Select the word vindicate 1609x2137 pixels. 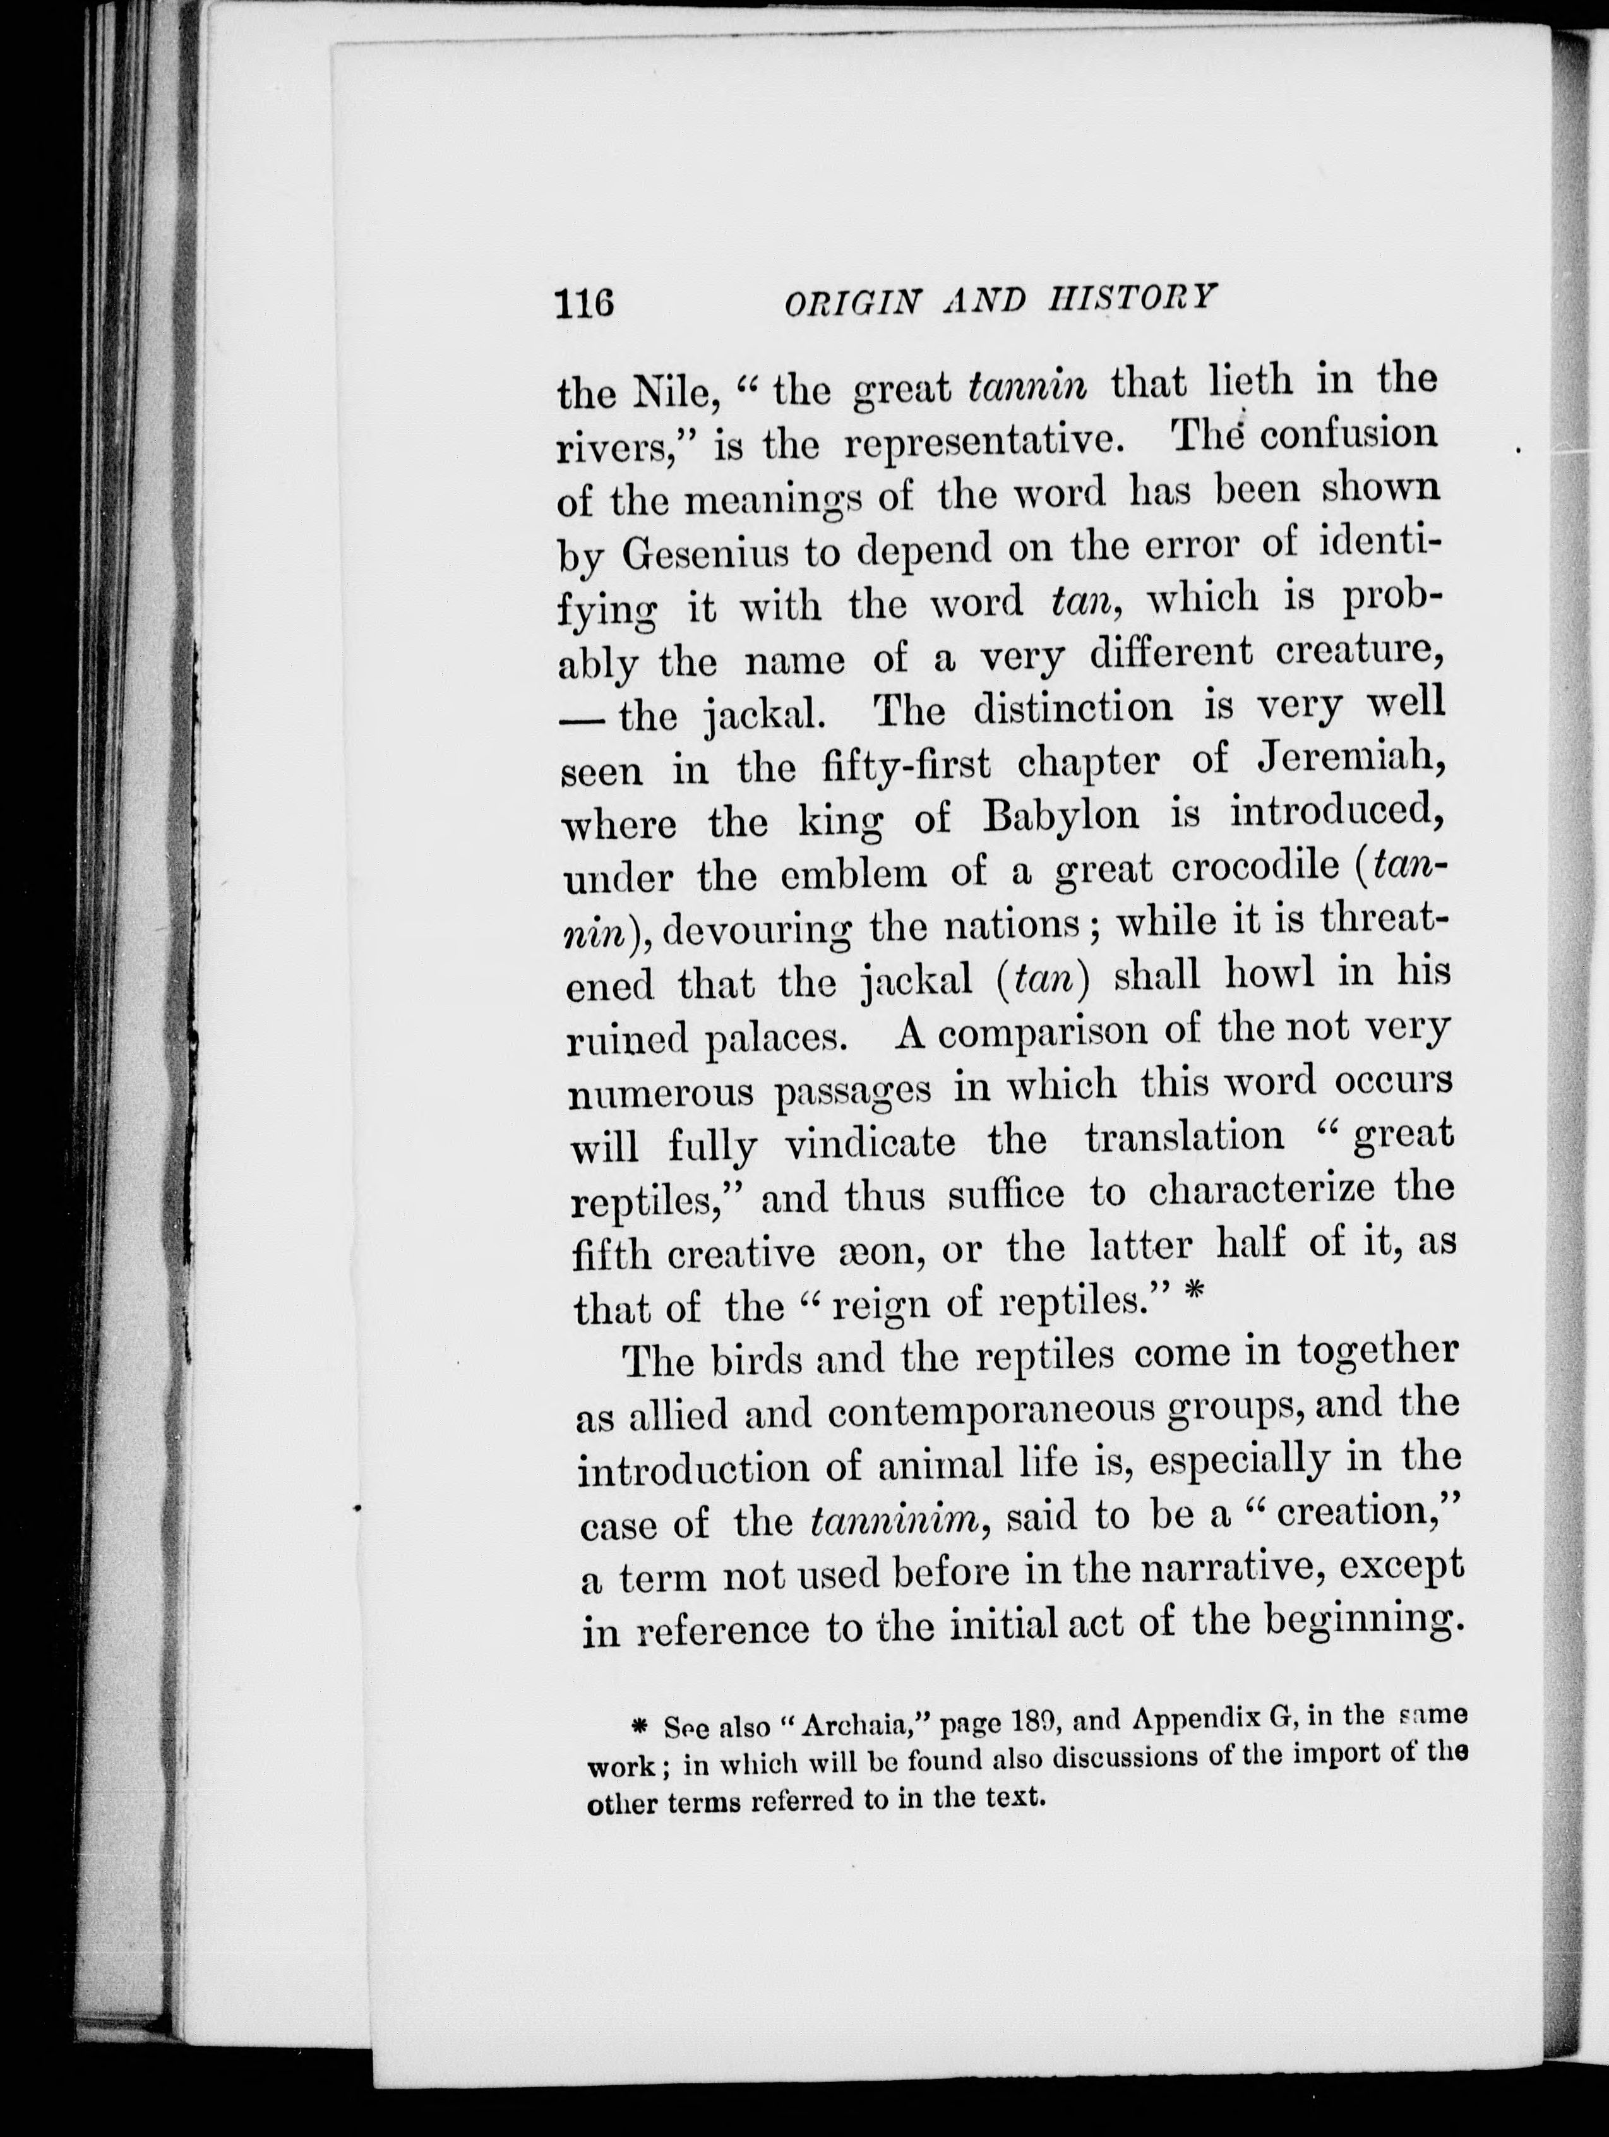click(x=869, y=1143)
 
